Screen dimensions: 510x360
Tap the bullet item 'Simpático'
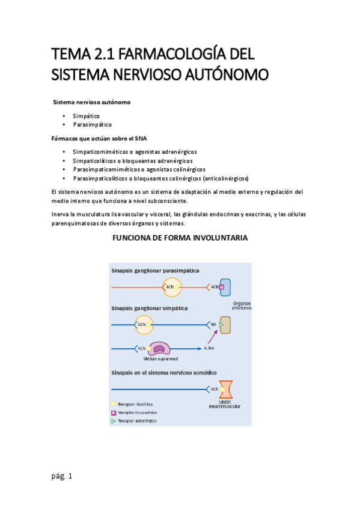pyautogui.click(x=86, y=115)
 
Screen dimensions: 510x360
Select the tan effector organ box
pyautogui.click(x=225, y=325)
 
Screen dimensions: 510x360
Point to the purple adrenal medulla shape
pyautogui.click(x=159, y=348)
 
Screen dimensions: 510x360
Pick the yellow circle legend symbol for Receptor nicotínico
pyautogui.click(x=113, y=404)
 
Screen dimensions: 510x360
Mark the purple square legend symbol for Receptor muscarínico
pyautogui.click(x=113, y=413)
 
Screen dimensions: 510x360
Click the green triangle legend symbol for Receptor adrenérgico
pyautogui.click(x=113, y=422)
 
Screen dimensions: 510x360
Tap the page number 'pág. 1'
pyautogui.click(x=62, y=476)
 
